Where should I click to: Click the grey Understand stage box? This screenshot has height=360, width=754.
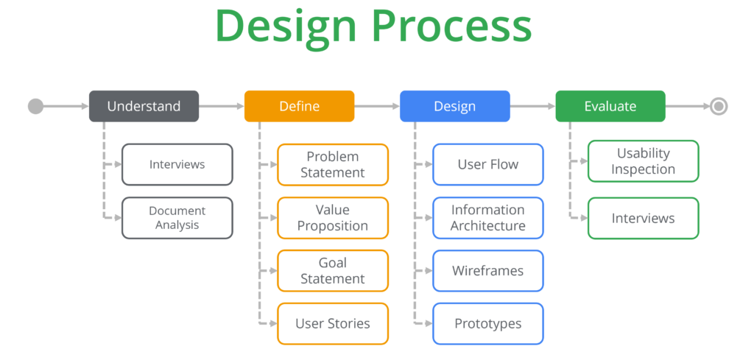(144, 106)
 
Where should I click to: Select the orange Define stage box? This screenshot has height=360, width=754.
(299, 106)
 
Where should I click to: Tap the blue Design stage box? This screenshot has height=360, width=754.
(455, 106)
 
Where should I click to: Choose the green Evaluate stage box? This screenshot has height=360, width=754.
(610, 106)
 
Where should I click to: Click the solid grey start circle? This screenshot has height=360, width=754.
(35, 106)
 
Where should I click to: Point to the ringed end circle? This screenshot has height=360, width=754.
(719, 106)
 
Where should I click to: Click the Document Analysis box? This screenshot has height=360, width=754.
(177, 218)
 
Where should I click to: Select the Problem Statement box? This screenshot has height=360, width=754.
(333, 164)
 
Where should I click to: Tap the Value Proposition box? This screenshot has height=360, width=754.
(333, 218)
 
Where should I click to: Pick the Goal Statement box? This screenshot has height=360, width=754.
(333, 271)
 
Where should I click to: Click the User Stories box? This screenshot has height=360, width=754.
(333, 323)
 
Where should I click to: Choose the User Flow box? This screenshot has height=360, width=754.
(488, 164)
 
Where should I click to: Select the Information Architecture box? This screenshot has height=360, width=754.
(488, 218)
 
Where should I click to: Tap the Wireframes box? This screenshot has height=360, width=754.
(488, 271)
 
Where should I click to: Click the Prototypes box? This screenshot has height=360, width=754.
(488, 323)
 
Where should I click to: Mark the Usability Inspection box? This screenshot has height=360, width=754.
(644, 161)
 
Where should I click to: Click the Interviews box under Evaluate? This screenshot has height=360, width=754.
(644, 218)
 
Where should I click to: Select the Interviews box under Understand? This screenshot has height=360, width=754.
(177, 164)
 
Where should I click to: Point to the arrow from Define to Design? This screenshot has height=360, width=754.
(377, 106)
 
